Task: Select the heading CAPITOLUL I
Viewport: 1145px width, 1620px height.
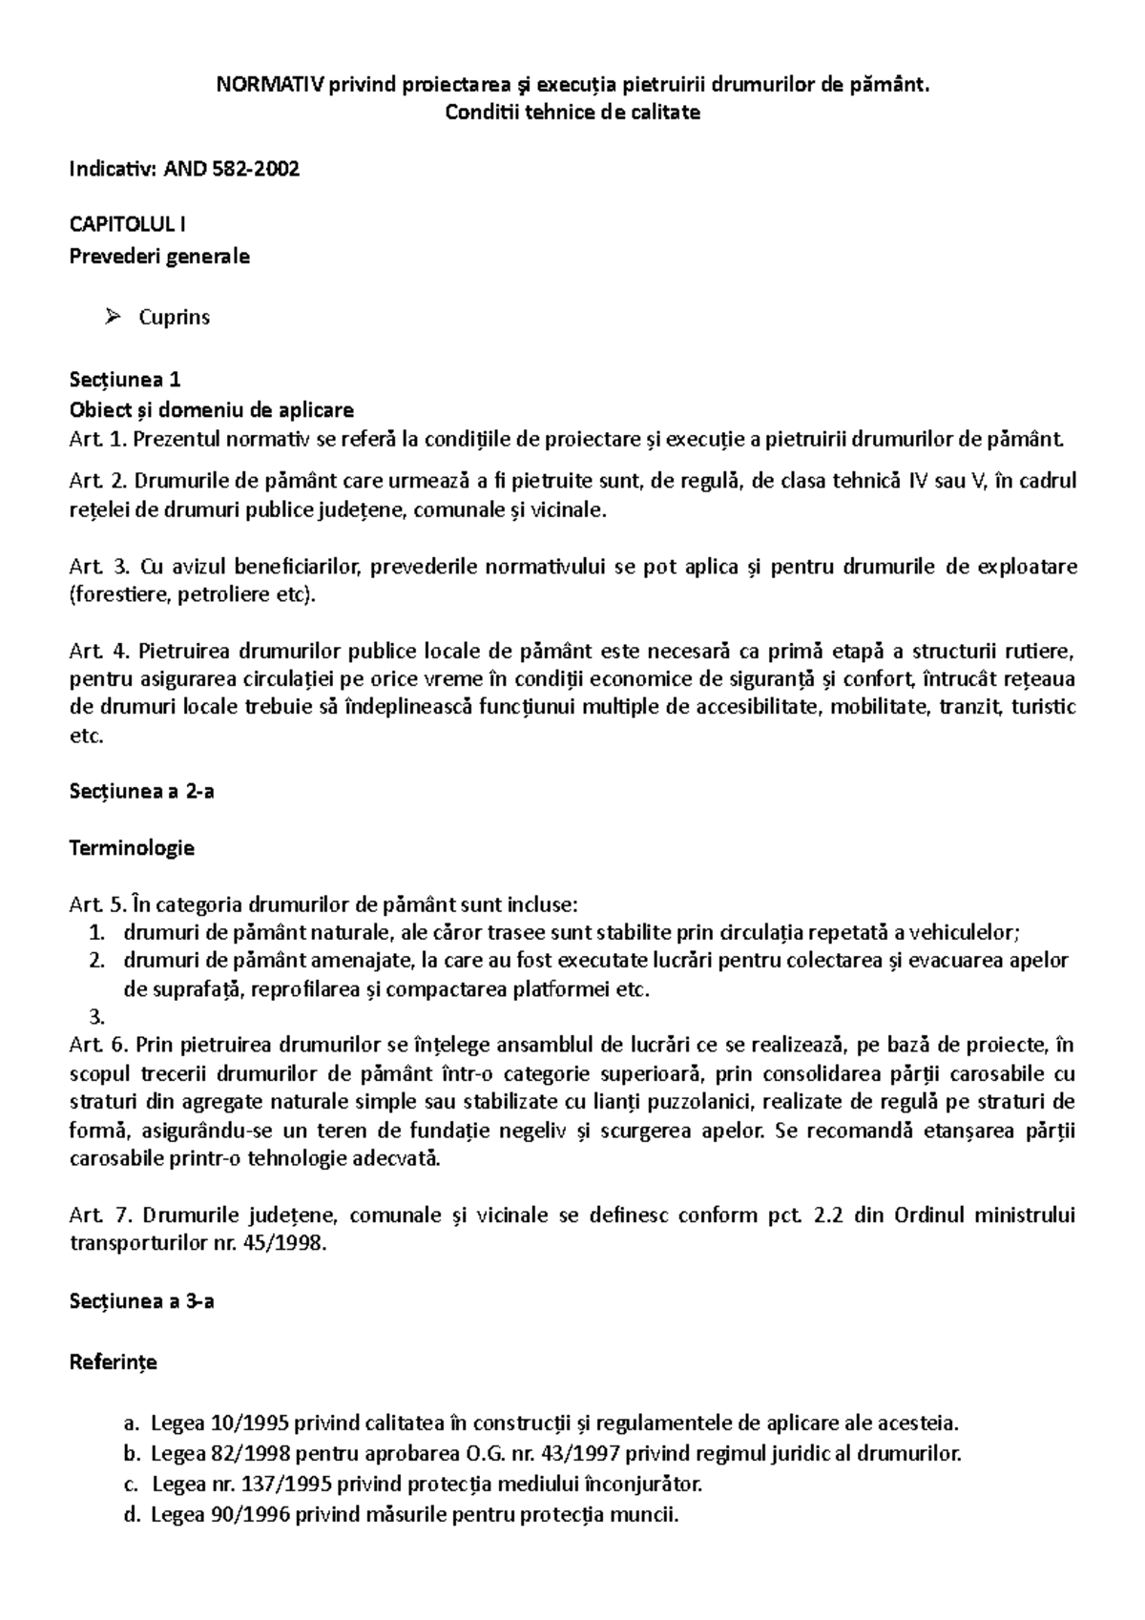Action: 128,225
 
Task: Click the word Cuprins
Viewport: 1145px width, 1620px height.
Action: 174,318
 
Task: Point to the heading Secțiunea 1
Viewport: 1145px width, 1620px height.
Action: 125,380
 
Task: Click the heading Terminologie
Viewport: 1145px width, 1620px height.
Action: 132,847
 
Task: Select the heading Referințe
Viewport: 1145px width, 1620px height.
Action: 114,1362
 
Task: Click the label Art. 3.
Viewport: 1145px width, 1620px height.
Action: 97,568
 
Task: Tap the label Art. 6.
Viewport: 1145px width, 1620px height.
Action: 97,1045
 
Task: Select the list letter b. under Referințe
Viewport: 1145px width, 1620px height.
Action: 132,1454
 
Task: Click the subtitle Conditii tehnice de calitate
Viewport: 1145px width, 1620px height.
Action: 572,113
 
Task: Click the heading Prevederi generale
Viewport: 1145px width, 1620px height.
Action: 159,256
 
